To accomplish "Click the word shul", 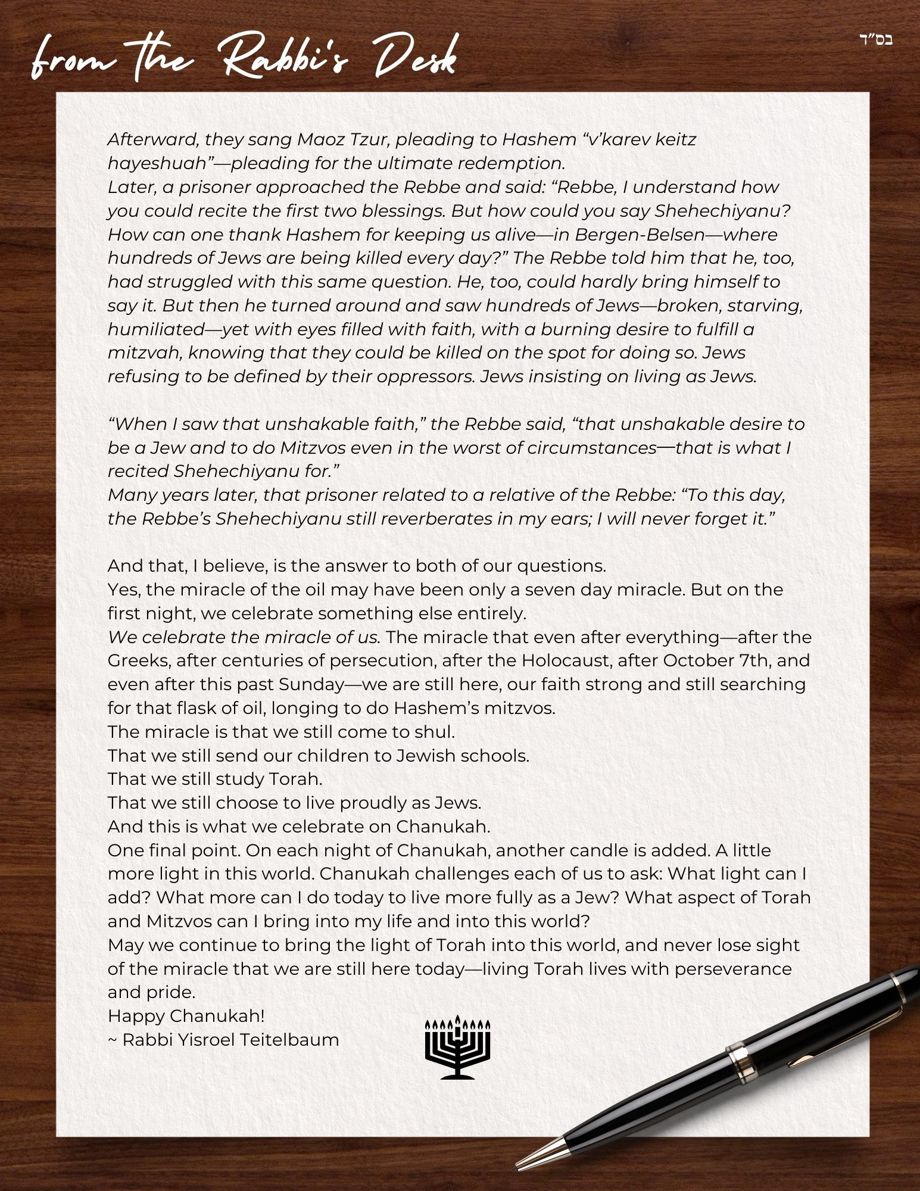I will tap(437, 731).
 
